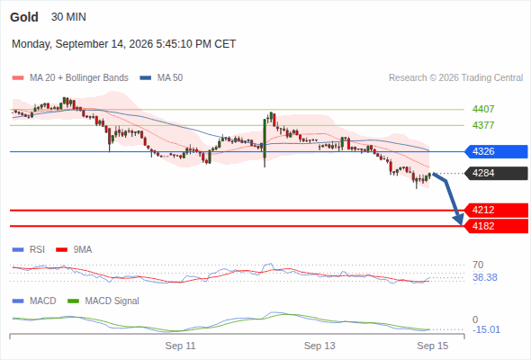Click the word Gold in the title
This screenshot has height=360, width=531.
coord(24,17)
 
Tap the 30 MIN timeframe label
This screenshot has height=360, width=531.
coord(68,17)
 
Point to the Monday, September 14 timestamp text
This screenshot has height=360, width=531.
coord(123,44)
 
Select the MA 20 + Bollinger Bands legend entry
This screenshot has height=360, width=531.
coord(70,78)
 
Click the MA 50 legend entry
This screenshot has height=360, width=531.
coord(161,78)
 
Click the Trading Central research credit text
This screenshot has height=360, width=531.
coord(455,78)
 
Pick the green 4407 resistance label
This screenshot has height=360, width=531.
coord(483,109)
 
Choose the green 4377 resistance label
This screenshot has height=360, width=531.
coord(483,125)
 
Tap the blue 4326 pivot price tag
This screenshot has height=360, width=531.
coord(496,151)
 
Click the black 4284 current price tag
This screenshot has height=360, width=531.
coord(496,173)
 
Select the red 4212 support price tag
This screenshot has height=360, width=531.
coord(496,210)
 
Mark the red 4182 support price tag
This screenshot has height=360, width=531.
coord(496,226)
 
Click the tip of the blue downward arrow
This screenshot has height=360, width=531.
coord(461,225)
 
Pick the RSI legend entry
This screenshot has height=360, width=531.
coord(29,249)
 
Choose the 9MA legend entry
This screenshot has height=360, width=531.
coord(74,249)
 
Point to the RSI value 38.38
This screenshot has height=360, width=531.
coord(485,278)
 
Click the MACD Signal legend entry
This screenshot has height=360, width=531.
coord(103,301)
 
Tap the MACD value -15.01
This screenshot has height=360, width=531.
coord(486,329)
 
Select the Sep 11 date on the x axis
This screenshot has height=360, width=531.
coord(180,346)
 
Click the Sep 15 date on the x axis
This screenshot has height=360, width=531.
coord(433,346)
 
